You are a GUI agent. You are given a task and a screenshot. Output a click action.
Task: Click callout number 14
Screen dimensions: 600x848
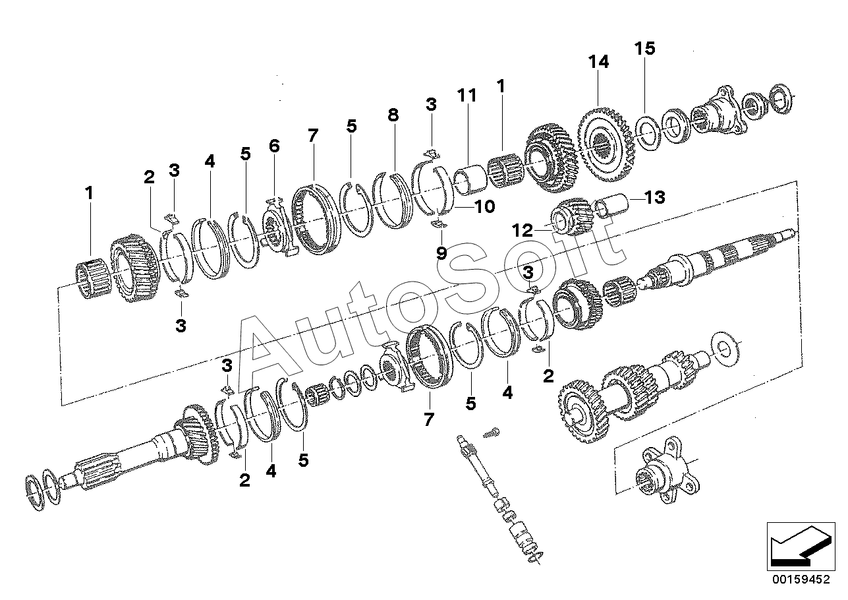pyautogui.click(x=599, y=62)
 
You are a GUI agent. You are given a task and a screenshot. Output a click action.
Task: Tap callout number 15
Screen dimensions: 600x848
pyautogui.click(x=645, y=49)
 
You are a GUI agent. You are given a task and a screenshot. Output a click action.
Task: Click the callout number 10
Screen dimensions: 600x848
pyautogui.click(x=484, y=207)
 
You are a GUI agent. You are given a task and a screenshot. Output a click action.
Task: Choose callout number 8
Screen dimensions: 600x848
pyautogui.click(x=393, y=115)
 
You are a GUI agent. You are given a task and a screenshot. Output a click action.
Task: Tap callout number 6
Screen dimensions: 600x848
pyautogui.click(x=274, y=146)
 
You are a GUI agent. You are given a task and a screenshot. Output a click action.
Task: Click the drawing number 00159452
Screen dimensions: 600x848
pyautogui.click(x=800, y=581)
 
